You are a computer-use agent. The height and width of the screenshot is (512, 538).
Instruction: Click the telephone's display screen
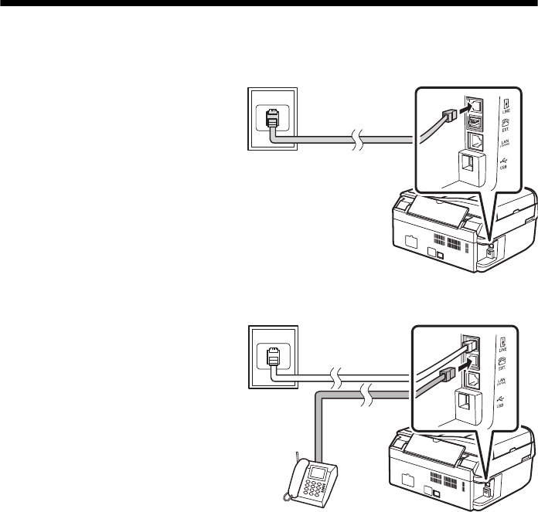click(x=318, y=471)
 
